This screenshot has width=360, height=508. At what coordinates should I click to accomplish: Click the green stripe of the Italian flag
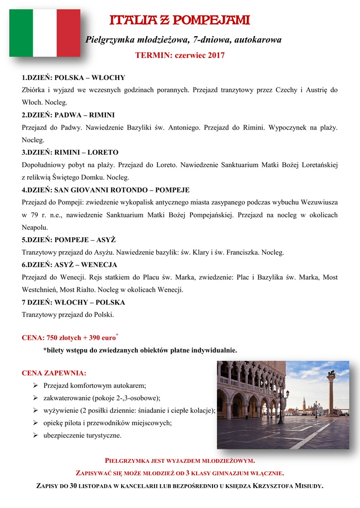[21, 33]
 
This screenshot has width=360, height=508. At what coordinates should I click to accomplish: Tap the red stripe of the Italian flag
[69, 33]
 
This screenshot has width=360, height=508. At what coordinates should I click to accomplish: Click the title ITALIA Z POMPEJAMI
[180, 21]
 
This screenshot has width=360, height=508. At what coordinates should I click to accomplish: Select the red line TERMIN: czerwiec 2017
[180, 56]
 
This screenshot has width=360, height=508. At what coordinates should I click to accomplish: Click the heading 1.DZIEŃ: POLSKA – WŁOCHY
[73, 78]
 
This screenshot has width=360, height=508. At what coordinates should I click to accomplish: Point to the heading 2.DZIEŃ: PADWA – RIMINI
[69, 115]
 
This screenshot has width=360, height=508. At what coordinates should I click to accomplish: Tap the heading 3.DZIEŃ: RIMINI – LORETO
[70, 152]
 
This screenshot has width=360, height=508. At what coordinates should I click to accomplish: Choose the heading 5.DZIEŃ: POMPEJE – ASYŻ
[69, 240]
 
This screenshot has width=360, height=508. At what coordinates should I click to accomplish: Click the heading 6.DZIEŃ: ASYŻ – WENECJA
[70, 265]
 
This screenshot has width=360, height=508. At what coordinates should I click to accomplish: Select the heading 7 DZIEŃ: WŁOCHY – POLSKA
[73, 302]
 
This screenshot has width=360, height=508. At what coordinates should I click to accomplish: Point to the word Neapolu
[35, 228]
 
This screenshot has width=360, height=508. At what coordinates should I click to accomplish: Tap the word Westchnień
[41, 290]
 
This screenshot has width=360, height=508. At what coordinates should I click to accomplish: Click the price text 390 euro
[102, 338]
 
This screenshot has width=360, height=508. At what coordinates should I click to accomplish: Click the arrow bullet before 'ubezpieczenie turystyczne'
[36, 436]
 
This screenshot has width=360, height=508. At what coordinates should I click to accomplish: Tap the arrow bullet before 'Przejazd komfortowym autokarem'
[36, 385]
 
